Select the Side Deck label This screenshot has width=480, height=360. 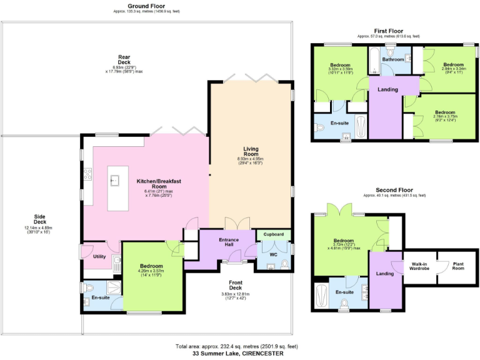pyautogui.click(x=39, y=218)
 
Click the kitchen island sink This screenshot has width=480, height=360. pyautogui.click(x=116, y=181)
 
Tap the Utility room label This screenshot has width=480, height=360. pyautogui.click(x=99, y=256)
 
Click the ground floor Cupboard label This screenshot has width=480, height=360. pyautogui.click(x=274, y=234)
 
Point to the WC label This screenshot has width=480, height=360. pyautogui.click(x=274, y=254)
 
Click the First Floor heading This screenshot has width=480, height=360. pyautogui.click(x=388, y=31)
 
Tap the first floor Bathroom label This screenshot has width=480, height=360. pyautogui.click(x=393, y=59)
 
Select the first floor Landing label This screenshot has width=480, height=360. pyautogui.click(x=387, y=89)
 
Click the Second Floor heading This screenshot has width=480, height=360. pyautogui.click(x=394, y=189)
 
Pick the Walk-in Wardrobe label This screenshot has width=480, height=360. pyautogui.click(x=419, y=266)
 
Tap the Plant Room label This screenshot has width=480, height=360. pyautogui.click(x=459, y=266)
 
